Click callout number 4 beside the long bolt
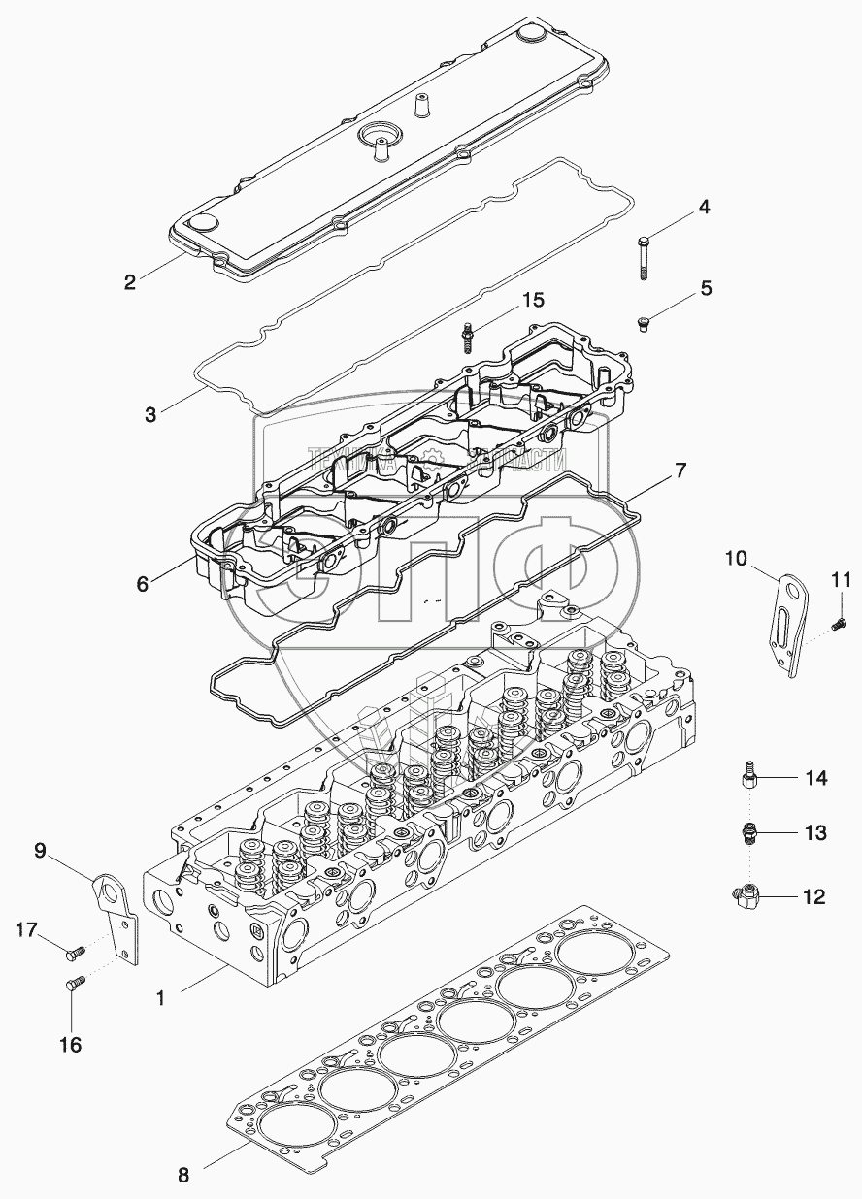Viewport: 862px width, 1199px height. [705, 208]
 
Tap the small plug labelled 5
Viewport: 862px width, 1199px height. [643, 324]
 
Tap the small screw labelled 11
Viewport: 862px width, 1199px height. [838, 626]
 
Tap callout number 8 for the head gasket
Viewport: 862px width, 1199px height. [182, 1174]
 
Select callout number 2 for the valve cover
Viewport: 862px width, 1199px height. [129, 283]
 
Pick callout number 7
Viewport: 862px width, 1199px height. [680, 472]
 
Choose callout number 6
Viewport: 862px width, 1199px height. [142, 585]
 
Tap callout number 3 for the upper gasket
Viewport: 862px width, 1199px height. [149, 415]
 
